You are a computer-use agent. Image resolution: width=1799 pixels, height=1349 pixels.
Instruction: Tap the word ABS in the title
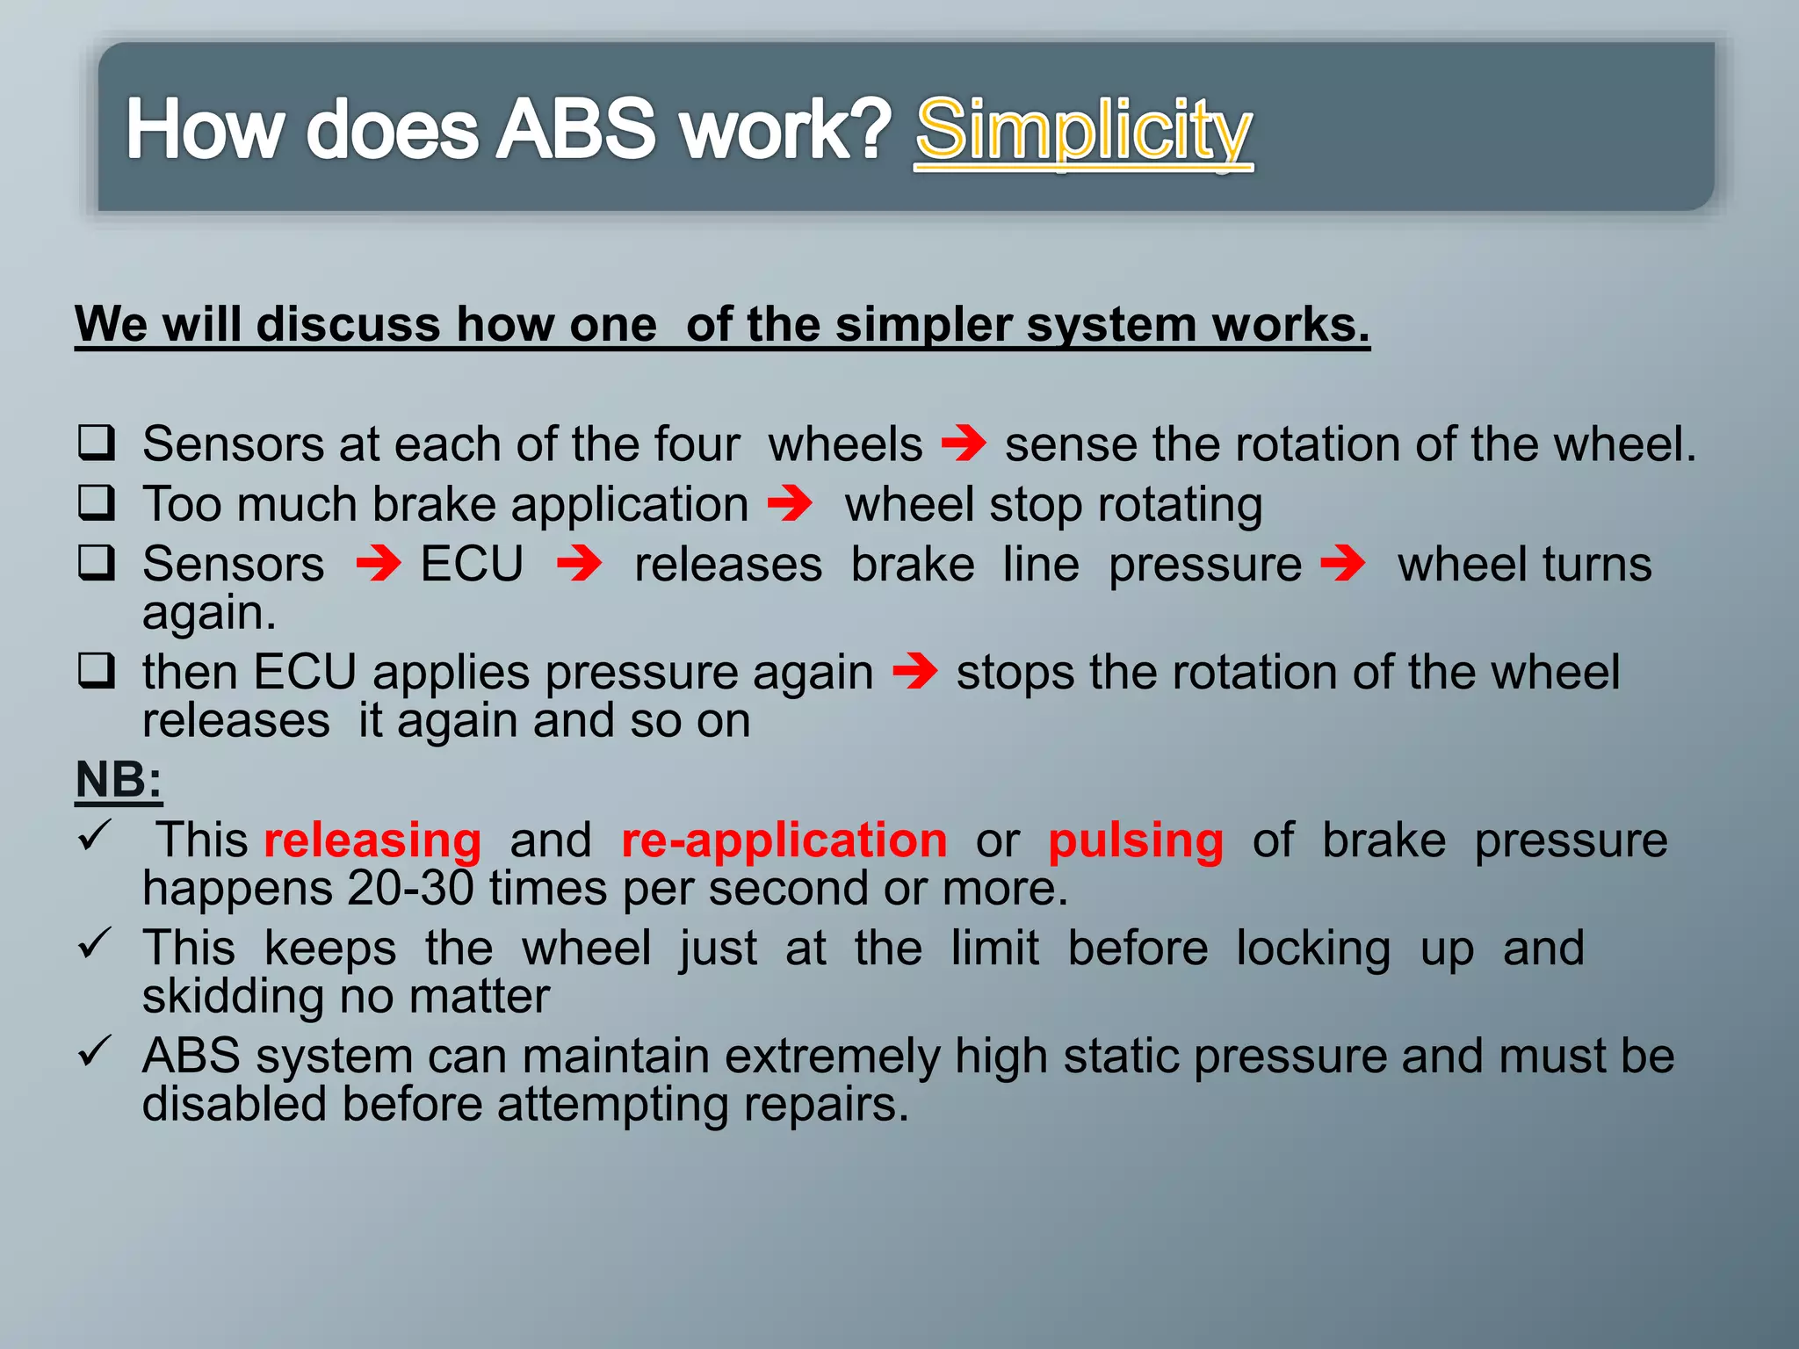pos(575,130)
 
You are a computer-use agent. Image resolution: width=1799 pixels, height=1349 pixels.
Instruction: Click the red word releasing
pos(372,840)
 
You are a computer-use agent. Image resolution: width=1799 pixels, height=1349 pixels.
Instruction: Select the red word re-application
pos(784,840)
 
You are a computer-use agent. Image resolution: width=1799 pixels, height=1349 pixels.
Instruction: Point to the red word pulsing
pos(1135,840)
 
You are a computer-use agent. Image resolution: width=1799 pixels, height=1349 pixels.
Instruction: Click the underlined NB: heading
pos(119,779)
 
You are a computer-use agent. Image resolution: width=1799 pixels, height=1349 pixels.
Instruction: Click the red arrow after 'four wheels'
pos(964,443)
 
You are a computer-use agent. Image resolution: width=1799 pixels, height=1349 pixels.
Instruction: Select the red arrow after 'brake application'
pos(790,503)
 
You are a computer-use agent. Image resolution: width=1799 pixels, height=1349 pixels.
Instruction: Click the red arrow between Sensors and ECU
pos(379,563)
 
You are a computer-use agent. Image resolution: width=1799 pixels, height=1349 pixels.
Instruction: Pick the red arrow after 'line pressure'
pos(1343,563)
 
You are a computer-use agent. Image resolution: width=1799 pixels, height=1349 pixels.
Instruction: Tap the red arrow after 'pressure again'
pos(914,672)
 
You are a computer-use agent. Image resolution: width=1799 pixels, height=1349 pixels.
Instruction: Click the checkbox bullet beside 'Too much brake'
pos(96,503)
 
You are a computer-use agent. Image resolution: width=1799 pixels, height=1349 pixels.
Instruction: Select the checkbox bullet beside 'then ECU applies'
pos(96,672)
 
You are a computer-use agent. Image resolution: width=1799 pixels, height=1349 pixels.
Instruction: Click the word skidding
pos(227,997)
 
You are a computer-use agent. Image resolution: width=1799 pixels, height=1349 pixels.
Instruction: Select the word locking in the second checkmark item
pos(1313,949)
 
